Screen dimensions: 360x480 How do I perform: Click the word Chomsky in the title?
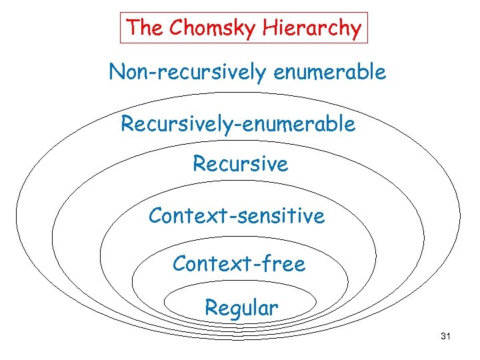coord(207,28)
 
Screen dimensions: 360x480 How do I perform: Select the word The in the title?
coord(146,28)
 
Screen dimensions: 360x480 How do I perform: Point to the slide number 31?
coord(446,337)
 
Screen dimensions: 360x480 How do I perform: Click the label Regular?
coord(241,308)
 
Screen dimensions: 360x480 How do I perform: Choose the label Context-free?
coord(239,264)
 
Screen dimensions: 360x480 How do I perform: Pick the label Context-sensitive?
coord(237,216)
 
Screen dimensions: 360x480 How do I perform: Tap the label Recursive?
coord(240,163)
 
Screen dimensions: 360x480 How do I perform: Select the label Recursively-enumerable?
coord(238,124)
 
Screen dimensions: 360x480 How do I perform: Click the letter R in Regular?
coord(211,308)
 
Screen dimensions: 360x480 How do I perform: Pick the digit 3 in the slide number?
coord(443,337)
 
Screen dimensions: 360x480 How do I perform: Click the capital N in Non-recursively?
coord(117,72)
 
